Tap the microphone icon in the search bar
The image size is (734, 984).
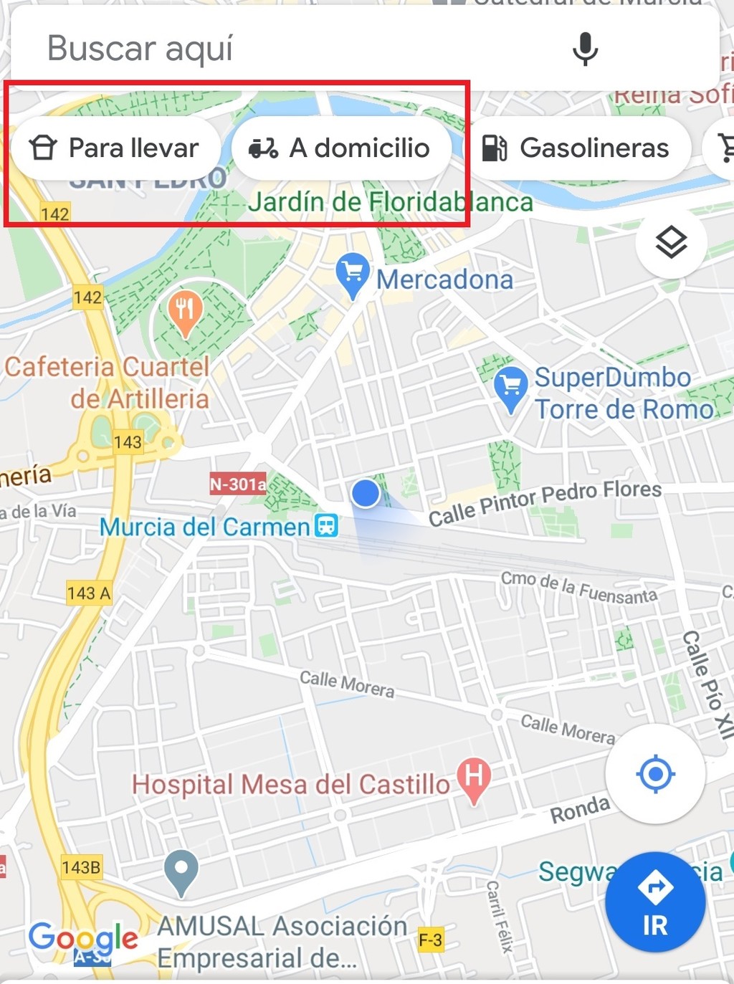coord(585,49)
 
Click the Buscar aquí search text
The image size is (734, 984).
coord(140,49)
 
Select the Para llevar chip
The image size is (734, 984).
coord(115,148)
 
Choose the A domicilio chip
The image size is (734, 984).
coord(341,148)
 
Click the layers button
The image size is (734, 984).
coord(671,242)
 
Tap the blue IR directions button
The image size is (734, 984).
coord(655,902)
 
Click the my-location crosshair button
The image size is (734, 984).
coord(655,774)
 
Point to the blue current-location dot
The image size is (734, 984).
coord(366,493)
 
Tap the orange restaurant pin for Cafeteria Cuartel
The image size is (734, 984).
coord(185,311)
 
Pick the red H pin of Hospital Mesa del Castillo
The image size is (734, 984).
coord(473,778)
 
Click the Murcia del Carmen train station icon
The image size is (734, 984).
coord(327,525)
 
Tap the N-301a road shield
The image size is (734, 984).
coord(237,484)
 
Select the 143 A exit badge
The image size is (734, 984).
coord(89,593)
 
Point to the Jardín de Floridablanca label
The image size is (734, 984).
coord(391,203)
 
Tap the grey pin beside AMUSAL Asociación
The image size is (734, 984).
coord(181,871)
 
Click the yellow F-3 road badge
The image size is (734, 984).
coord(430,940)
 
